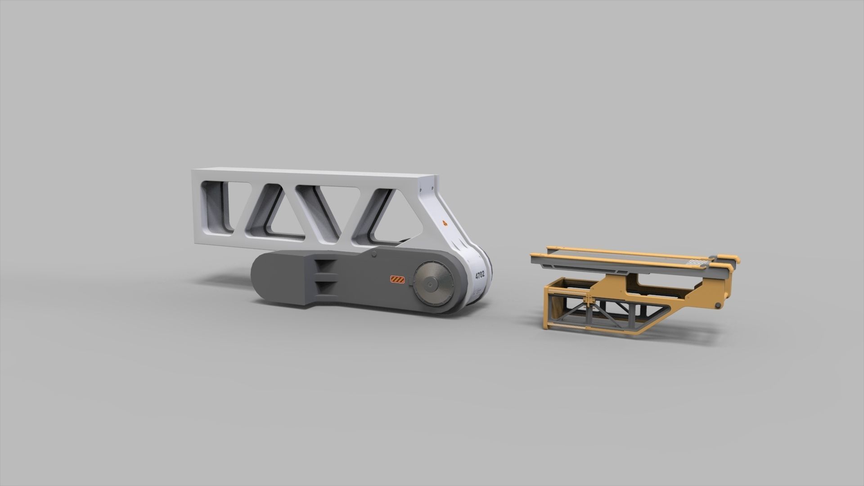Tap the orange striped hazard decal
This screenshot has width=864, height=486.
(397, 280)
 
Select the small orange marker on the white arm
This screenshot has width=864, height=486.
(445, 222)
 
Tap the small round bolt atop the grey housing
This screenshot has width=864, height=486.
(374, 255)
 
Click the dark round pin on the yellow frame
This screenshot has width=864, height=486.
(718, 306)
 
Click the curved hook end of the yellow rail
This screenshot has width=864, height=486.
(737, 260)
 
